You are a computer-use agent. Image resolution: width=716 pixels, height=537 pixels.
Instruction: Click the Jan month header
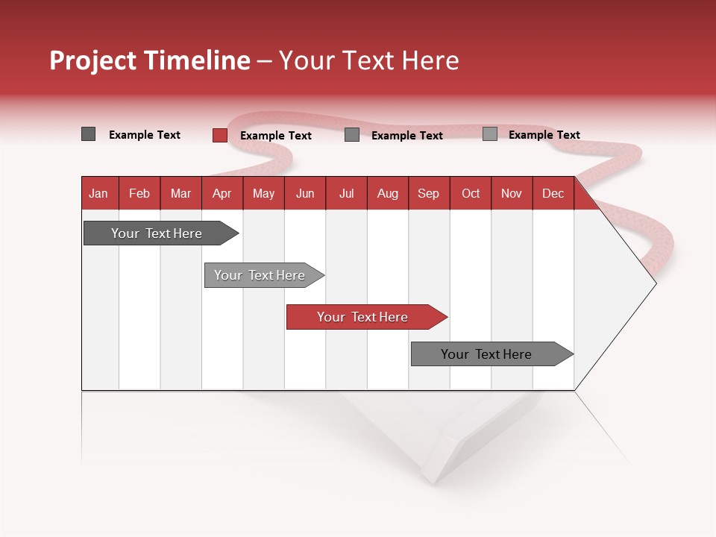pos(99,193)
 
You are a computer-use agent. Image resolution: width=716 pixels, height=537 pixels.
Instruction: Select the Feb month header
pos(139,193)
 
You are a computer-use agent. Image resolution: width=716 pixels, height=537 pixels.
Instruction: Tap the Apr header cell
pos(222,193)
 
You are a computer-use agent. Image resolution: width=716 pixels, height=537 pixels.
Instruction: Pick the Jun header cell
pos(305,193)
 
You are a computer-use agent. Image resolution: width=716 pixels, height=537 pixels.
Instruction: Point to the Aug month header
pos(388,193)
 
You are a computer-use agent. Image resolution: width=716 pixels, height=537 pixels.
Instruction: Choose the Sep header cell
pos(429,193)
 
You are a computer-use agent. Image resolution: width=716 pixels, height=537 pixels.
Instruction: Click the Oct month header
pos(471,193)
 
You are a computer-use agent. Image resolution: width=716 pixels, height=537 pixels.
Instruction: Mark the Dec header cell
pos(553,193)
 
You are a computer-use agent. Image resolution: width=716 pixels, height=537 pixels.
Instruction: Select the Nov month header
pos(512,193)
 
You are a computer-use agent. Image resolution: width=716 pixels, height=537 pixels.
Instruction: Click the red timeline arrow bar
pos(363,317)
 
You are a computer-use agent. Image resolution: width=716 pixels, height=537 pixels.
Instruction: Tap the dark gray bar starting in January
pos(157,233)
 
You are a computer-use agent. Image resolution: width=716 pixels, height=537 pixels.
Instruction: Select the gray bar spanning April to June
pos(260,275)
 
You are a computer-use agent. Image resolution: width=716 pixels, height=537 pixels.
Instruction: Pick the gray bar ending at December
pos(488,354)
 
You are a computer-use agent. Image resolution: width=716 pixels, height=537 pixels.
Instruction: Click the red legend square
pos(220,135)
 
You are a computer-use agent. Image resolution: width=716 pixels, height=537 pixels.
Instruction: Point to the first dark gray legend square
pos(89,134)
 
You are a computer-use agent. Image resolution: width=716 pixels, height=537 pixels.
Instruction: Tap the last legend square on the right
pos(490,134)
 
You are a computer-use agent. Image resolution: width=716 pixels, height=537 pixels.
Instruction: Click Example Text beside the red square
pos(276,136)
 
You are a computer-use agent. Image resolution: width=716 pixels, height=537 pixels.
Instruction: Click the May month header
pos(263,193)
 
